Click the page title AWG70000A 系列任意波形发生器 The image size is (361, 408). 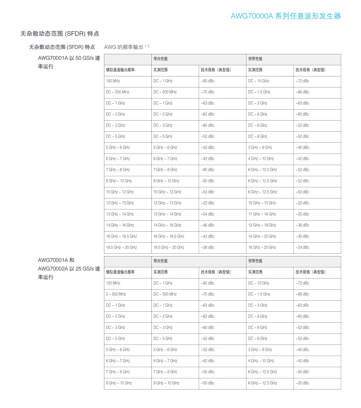[285, 16]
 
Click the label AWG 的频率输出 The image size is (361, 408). [124, 47]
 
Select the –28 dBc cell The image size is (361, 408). [207, 247]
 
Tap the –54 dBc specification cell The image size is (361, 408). [207, 214]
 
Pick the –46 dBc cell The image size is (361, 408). [207, 225]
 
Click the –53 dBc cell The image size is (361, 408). [207, 192]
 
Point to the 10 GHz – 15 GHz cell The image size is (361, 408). [262, 203]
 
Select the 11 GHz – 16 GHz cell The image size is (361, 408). [262, 214]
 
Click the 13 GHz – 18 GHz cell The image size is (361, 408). [262, 225]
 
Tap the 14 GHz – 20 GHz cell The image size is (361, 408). [262, 236]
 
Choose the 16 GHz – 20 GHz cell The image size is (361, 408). [262, 247]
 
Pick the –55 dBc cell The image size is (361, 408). [207, 372]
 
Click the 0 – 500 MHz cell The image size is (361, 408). [116, 294]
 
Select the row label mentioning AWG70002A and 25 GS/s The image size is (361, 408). [69, 268]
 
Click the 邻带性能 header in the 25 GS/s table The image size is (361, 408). [255, 261]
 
